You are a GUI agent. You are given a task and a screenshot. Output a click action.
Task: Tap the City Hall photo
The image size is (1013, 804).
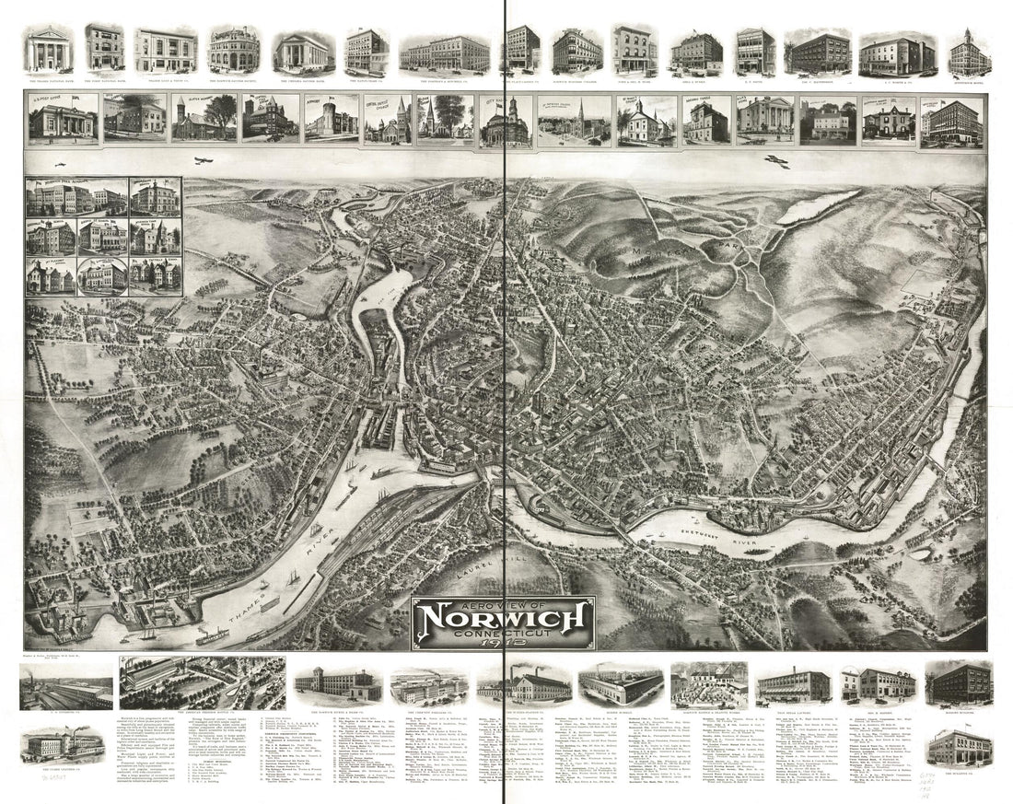505,121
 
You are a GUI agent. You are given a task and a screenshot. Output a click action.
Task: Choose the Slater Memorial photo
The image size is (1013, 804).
204,120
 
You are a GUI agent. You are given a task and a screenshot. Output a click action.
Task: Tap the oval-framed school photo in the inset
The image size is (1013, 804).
102,275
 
